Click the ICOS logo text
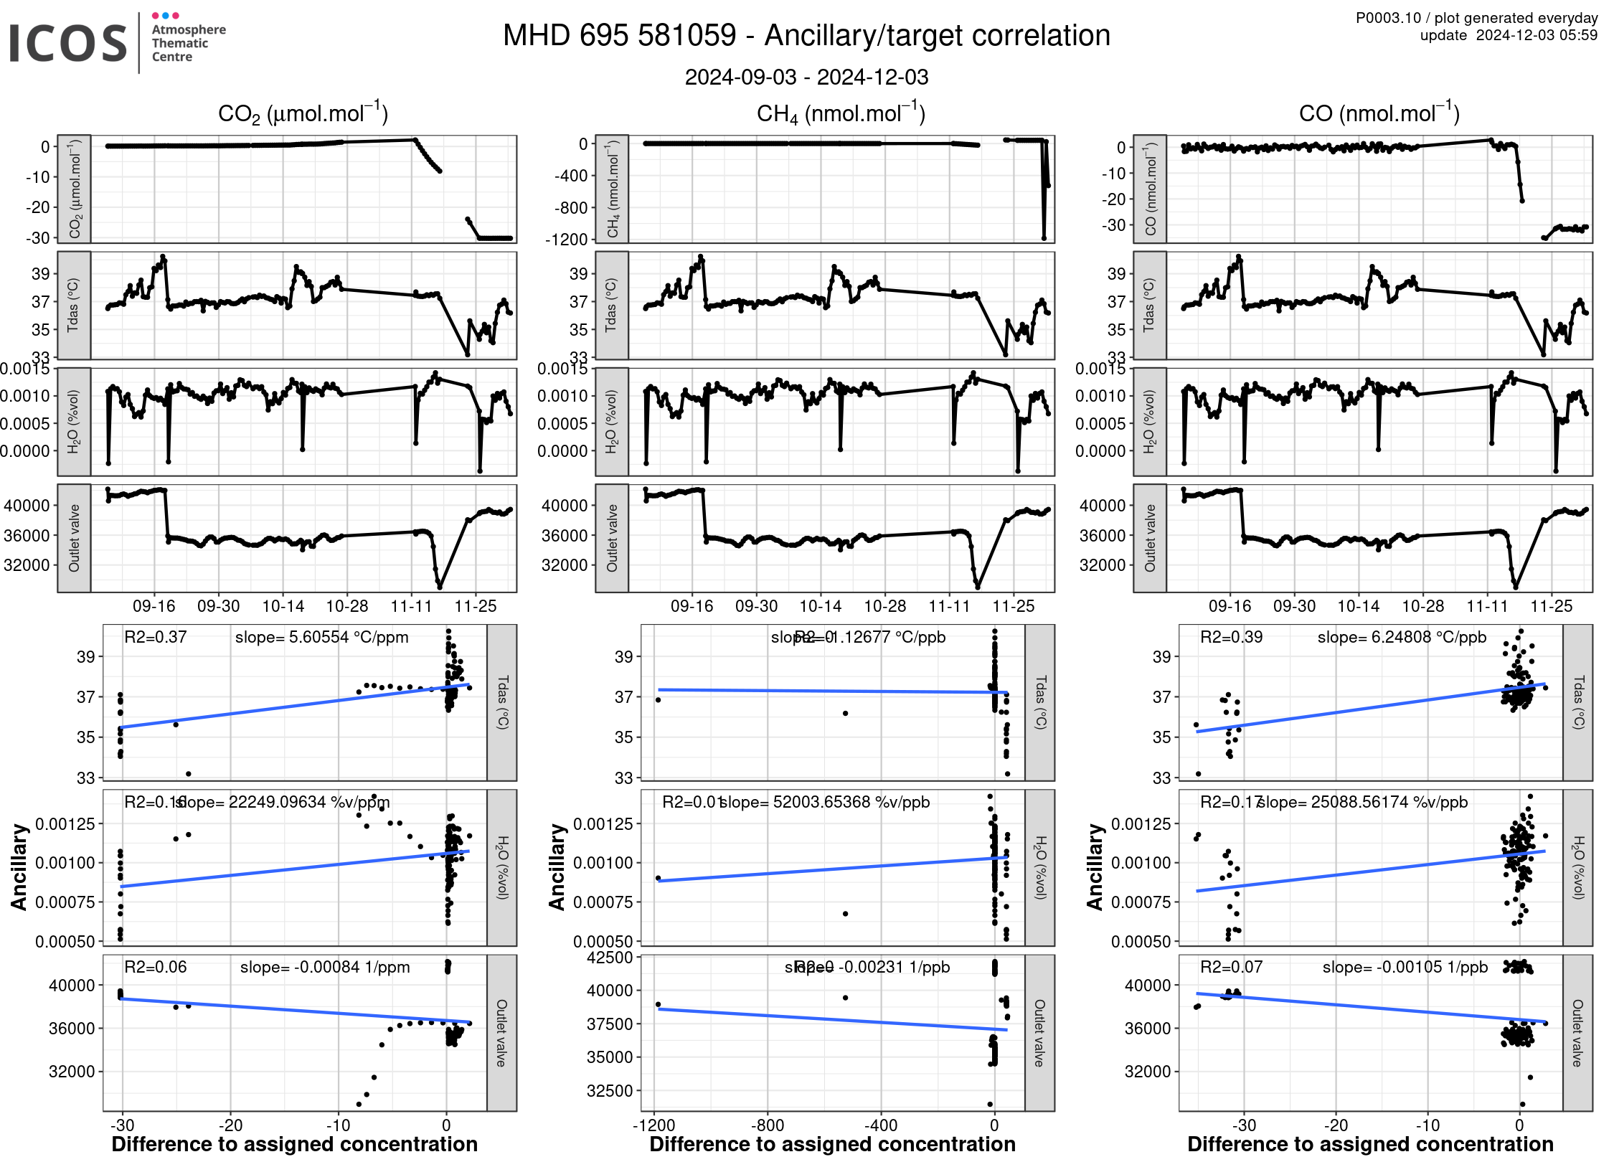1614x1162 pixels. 68,43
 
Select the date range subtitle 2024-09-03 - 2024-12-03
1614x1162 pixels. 806,77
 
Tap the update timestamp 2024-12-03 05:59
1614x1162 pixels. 1537,35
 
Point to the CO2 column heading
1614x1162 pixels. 302,114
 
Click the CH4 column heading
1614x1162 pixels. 840,114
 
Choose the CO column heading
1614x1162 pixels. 1378,113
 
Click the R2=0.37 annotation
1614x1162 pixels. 155,637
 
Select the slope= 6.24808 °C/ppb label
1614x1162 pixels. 1402,637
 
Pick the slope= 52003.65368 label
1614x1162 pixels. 825,802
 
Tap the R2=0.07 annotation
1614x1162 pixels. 1231,967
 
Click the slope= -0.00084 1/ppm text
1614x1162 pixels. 325,967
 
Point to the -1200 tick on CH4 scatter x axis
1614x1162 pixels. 653,1125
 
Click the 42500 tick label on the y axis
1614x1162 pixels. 610,958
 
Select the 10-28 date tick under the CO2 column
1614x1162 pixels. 347,606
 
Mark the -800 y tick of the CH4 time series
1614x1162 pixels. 571,207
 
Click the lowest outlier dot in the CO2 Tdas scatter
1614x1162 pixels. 189,773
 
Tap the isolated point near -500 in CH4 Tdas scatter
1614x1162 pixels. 845,713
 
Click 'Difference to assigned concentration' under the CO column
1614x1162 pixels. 1370,1144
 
